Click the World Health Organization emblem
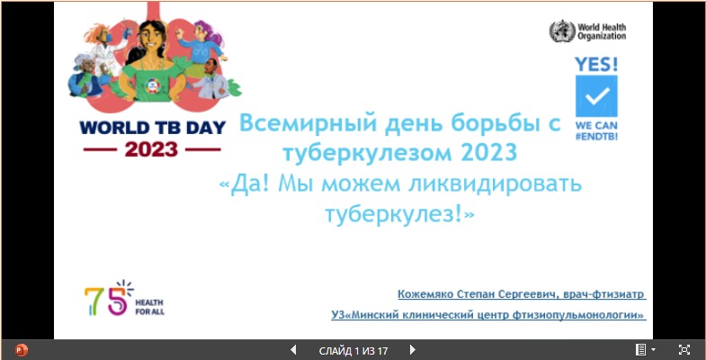pos(562,31)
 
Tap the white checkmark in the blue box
pos(597,95)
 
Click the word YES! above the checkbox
pos(596,65)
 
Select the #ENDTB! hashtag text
pos(596,136)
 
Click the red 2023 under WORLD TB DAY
pos(151,149)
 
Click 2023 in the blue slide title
pos(489,153)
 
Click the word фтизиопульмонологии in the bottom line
pos(578,315)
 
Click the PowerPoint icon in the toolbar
pos(22,349)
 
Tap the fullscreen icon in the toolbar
pos(684,349)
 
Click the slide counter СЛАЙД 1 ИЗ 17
pos(353,350)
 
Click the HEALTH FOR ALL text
pos(149,307)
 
